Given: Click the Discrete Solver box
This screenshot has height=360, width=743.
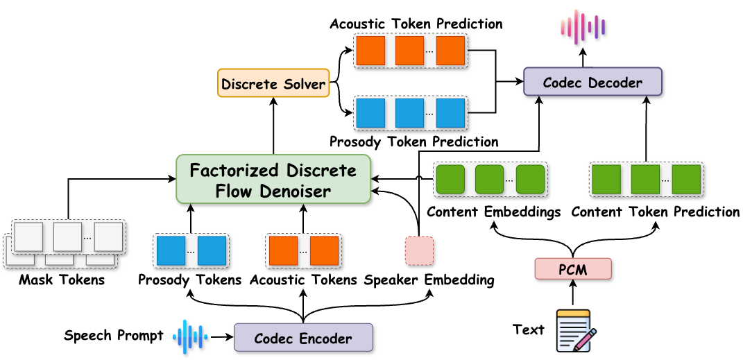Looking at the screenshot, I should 273,84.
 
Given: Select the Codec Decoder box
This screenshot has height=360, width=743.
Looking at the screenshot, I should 592,83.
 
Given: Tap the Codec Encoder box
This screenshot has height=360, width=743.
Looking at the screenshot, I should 303,338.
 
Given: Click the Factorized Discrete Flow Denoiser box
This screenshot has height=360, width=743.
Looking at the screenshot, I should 273,180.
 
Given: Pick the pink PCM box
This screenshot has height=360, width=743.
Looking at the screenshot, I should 573,269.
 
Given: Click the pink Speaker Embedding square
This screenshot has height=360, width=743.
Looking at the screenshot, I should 419,251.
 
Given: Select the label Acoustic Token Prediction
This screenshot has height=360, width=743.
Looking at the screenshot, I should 416,24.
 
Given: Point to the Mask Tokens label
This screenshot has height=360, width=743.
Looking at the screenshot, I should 62,280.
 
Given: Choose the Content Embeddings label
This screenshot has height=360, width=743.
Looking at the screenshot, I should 493,212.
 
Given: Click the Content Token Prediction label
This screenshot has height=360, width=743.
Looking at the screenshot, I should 656,212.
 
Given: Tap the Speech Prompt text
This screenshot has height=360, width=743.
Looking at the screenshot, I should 114,336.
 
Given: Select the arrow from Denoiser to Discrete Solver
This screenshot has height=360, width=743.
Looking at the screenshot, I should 273,125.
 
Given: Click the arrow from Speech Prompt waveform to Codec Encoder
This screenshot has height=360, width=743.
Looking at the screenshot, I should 220,337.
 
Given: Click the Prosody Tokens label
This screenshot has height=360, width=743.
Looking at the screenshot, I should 190,280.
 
